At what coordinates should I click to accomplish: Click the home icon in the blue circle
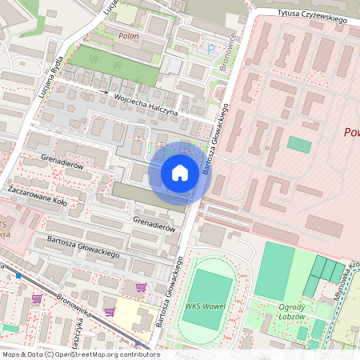pos(180,173)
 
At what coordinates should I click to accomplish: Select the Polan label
pos(128,36)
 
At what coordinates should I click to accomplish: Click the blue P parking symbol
pos(211,50)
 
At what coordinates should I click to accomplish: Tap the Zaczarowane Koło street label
pos(37,197)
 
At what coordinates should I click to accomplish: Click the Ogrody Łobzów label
pos(291,311)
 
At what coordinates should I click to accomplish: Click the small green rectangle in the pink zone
pos(299,145)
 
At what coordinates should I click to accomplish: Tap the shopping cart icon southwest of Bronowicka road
pos(36,299)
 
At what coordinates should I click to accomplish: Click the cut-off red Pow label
pos(350,132)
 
